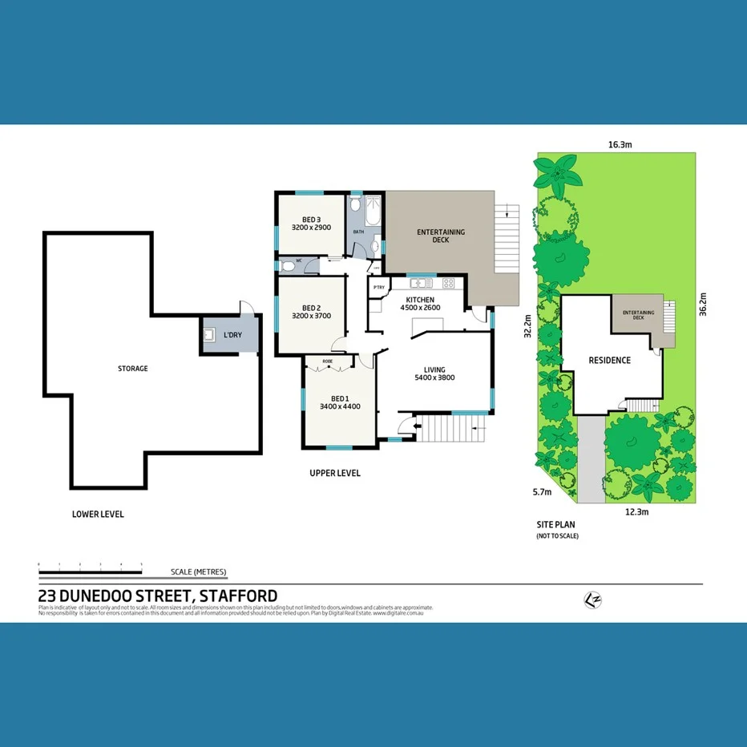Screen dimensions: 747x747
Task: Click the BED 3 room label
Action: (312, 220)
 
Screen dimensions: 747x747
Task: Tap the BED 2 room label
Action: (312, 308)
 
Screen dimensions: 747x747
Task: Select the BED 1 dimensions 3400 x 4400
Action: (340, 406)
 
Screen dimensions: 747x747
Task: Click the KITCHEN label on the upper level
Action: (419, 300)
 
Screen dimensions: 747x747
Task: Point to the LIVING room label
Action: (434, 369)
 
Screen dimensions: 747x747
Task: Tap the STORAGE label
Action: (133, 369)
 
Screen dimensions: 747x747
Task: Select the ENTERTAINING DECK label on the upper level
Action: (440, 236)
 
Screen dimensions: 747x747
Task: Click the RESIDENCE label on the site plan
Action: (609, 361)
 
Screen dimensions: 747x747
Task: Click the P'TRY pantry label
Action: (378, 287)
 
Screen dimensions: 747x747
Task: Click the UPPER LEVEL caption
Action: (335, 473)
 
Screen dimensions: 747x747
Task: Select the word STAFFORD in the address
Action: (238, 596)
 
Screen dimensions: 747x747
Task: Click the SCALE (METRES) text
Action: (199, 572)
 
